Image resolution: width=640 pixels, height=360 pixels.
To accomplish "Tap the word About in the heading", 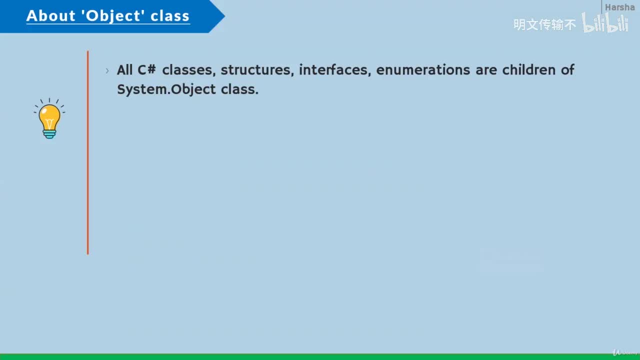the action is (51, 15).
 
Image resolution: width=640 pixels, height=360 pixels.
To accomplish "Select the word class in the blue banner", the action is (170, 15).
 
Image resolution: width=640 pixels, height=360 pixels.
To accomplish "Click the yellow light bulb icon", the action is (49, 118).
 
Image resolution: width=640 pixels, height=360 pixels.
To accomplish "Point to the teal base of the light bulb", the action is (49, 134).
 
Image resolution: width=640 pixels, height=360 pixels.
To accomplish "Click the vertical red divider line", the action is (87, 152).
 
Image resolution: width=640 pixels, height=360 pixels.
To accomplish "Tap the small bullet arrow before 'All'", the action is (107, 70).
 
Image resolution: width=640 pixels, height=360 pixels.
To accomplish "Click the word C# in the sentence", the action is (147, 69).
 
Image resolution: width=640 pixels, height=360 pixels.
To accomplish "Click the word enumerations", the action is (423, 70).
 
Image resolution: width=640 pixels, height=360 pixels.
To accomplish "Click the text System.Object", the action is (166, 89).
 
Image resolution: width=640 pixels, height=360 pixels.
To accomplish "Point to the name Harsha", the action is (619, 7).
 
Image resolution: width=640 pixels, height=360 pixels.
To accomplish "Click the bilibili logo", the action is (605, 23).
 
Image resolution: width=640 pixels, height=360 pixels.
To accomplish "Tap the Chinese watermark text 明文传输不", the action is (544, 24).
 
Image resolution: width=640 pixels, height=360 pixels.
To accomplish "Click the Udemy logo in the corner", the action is (625, 352).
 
